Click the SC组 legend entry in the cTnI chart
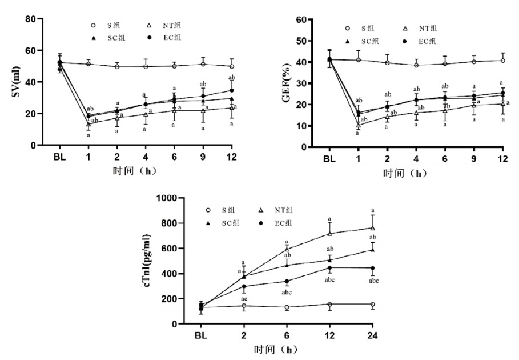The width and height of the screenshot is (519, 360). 231,223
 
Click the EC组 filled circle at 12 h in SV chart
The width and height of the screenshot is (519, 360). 231,90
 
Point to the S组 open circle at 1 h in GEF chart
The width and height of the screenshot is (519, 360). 359,60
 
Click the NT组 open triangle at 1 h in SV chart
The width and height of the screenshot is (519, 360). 88,124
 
